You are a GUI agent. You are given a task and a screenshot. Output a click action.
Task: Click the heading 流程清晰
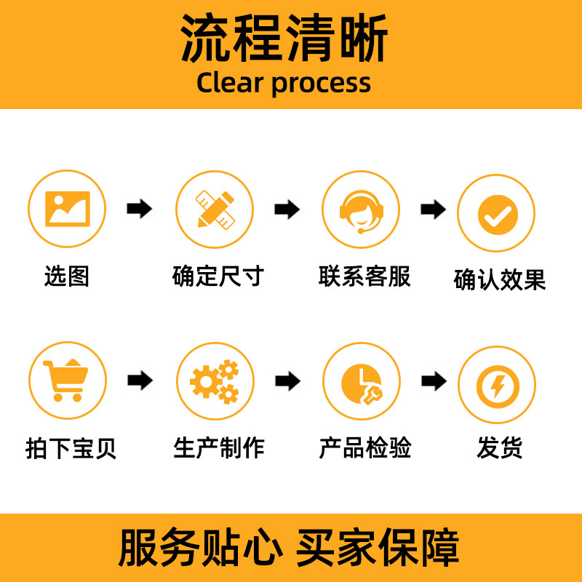(x=284, y=38)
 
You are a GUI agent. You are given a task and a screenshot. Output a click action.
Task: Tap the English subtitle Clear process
(x=284, y=82)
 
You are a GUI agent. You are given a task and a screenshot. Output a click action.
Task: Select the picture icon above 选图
(x=67, y=208)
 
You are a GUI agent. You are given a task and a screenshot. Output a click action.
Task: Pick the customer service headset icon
(x=361, y=209)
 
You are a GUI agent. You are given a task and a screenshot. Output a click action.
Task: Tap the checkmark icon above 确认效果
(x=497, y=214)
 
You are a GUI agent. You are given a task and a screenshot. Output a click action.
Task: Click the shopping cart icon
(x=66, y=380)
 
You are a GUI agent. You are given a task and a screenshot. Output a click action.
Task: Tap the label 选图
(x=66, y=276)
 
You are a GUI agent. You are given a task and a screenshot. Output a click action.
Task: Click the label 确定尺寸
(x=218, y=276)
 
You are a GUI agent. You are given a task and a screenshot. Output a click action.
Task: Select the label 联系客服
(x=364, y=276)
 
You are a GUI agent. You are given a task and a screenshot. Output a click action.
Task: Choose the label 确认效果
(x=500, y=280)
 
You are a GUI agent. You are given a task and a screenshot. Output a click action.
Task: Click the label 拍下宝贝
(x=71, y=448)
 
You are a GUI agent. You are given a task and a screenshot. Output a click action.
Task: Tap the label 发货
(x=500, y=448)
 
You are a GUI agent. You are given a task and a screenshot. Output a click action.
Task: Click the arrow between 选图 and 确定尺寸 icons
(x=139, y=210)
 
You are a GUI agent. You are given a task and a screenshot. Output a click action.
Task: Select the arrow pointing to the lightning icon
(x=434, y=380)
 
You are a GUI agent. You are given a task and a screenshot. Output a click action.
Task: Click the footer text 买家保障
(x=378, y=548)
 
